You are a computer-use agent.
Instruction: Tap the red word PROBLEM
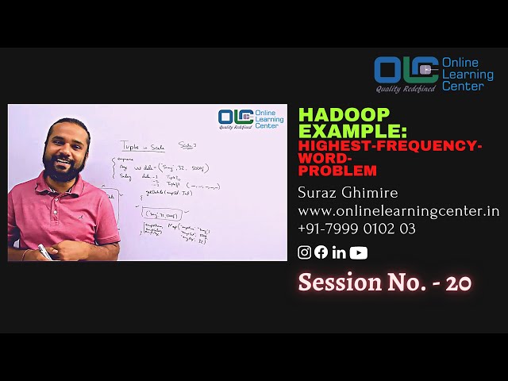pyautogui.click(x=337, y=170)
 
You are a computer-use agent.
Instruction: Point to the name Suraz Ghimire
pyautogui.click(x=348, y=193)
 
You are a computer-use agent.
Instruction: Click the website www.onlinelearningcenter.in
pyautogui.click(x=398, y=211)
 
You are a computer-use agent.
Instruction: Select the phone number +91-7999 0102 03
pyautogui.click(x=356, y=229)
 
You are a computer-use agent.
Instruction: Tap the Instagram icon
pyautogui.click(x=304, y=252)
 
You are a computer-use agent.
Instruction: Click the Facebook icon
pyautogui.click(x=321, y=252)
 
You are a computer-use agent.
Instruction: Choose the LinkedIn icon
pyautogui.click(x=339, y=252)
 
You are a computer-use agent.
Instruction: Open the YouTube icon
pyautogui.click(x=358, y=252)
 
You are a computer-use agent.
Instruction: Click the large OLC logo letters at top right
pyautogui.click(x=406, y=70)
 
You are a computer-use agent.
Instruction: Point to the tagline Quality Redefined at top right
pyautogui.click(x=405, y=88)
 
